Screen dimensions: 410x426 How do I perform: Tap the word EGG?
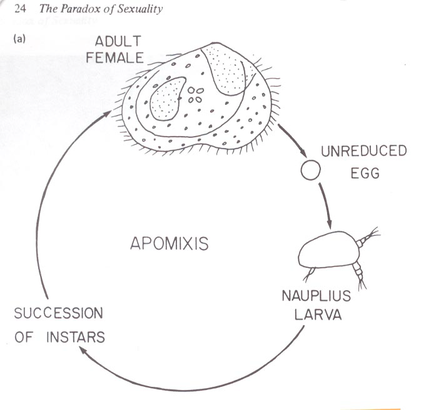click(365, 172)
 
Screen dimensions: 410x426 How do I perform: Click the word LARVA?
click(318, 315)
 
